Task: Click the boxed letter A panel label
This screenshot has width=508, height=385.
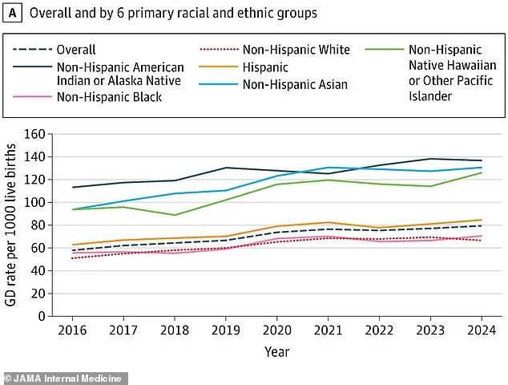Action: (12, 13)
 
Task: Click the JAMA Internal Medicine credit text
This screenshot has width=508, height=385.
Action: (64, 378)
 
